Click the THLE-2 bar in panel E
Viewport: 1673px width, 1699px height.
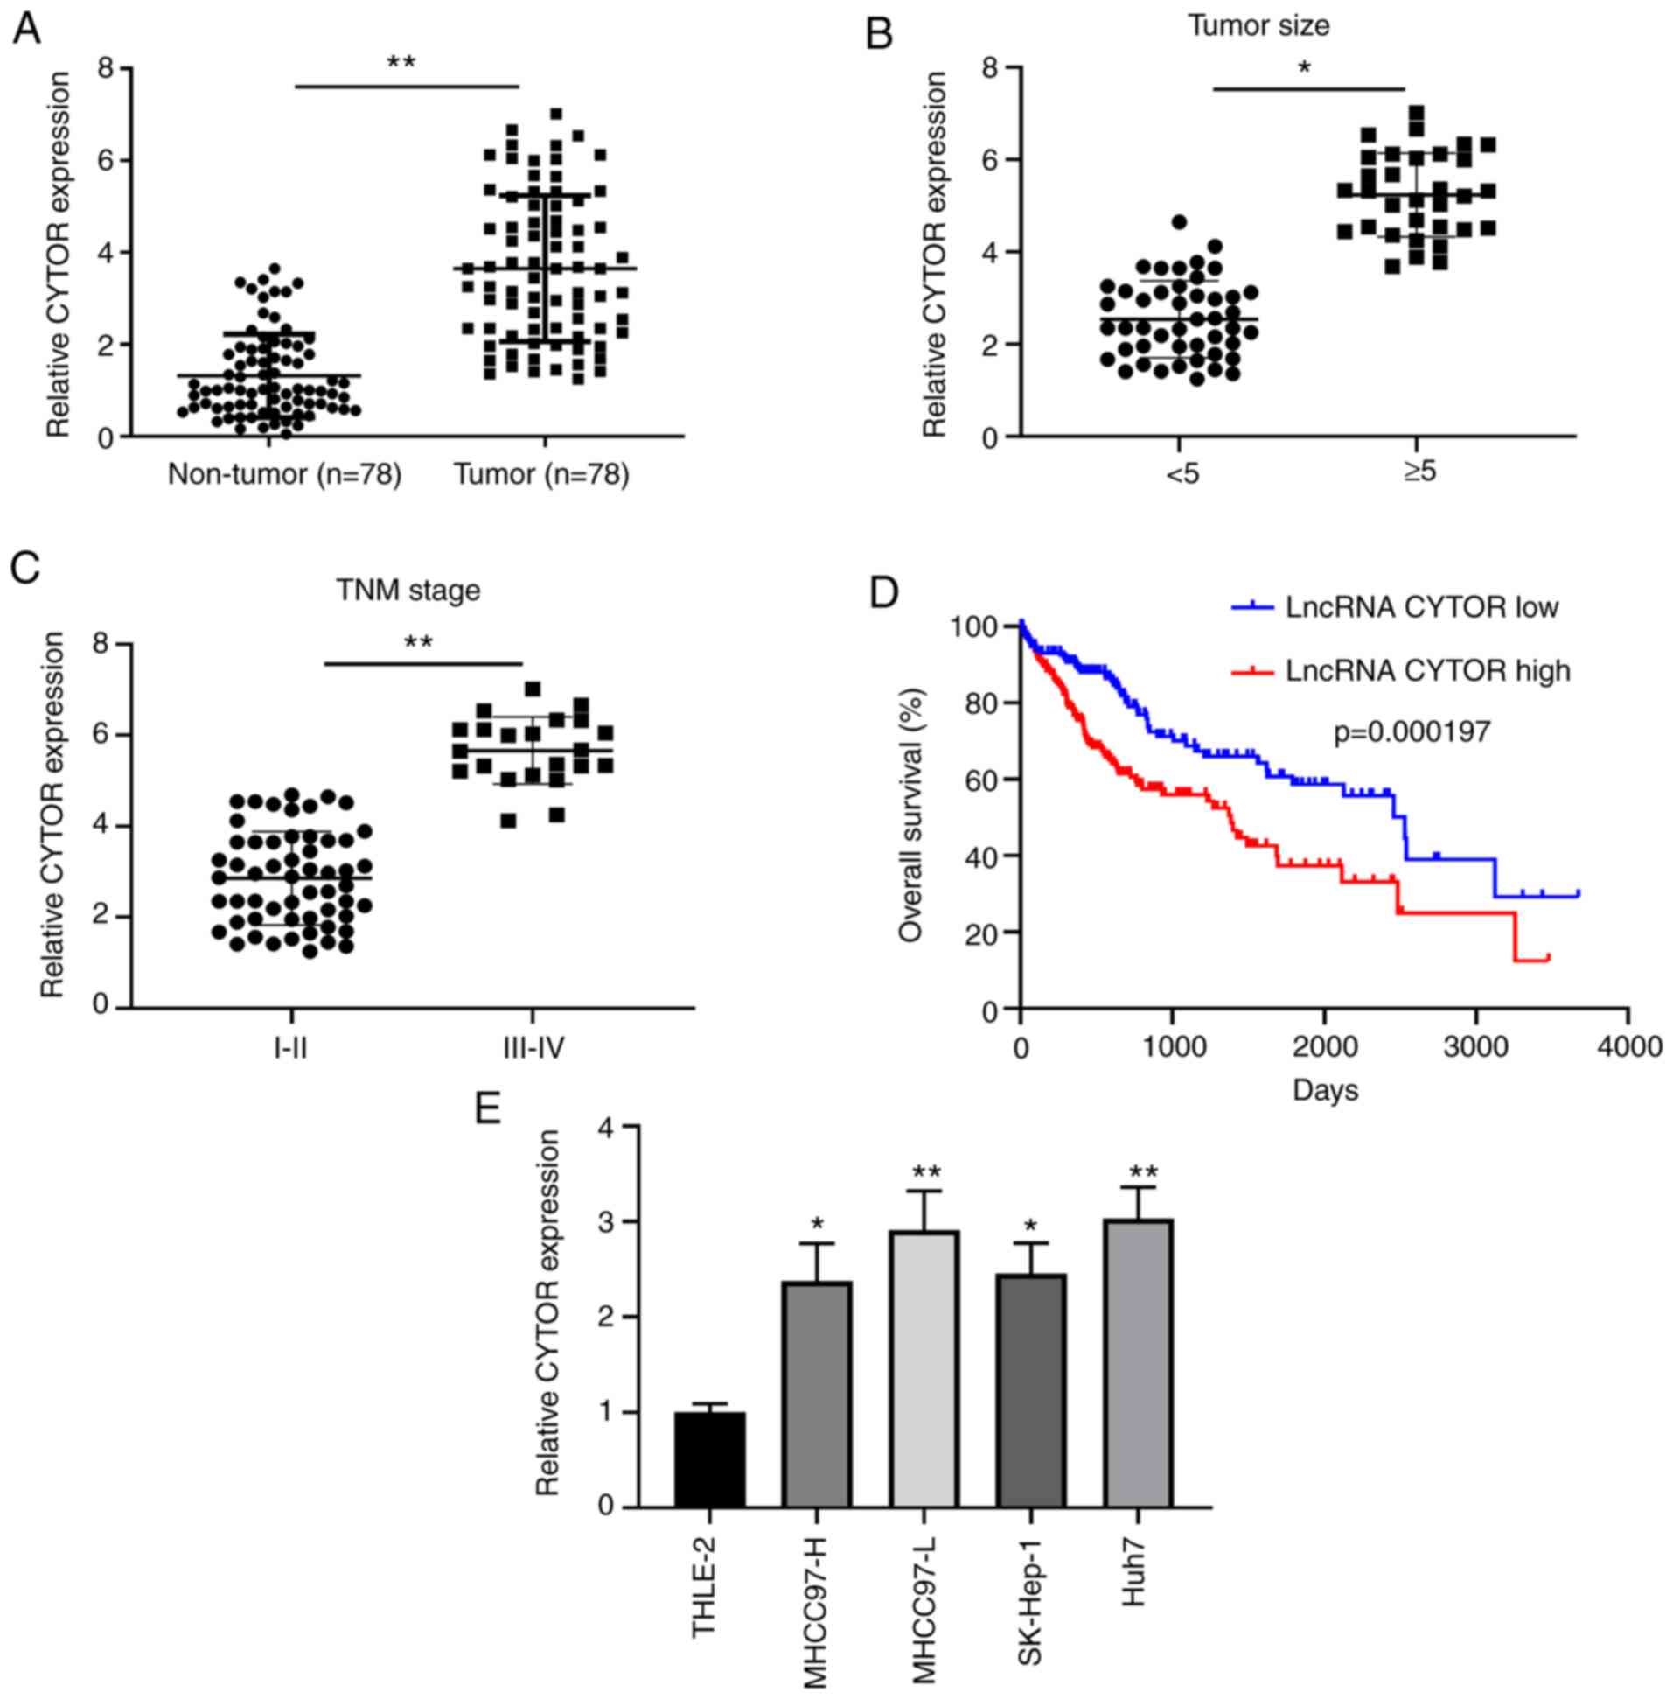click(x=709, y=1459)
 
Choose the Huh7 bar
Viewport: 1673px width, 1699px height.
click(x=1139, y=1363)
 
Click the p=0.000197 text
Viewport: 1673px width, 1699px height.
click(x=1412, y=732)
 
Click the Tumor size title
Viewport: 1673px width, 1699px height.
click(x=1258, y=25)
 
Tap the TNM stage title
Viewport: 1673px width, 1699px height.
click(x=408, y=590)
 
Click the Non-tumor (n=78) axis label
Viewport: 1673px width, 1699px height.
click(x=285, y=475)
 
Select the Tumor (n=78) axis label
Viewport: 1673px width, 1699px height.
click(x=542, y=475)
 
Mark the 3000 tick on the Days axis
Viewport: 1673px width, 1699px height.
click(x=1477, y=1048)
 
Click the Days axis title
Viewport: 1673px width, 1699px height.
click(x=1325, y=1091)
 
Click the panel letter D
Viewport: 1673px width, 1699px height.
click(x=883, y=595)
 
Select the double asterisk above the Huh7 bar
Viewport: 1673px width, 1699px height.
click(x=1143, y=1172)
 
